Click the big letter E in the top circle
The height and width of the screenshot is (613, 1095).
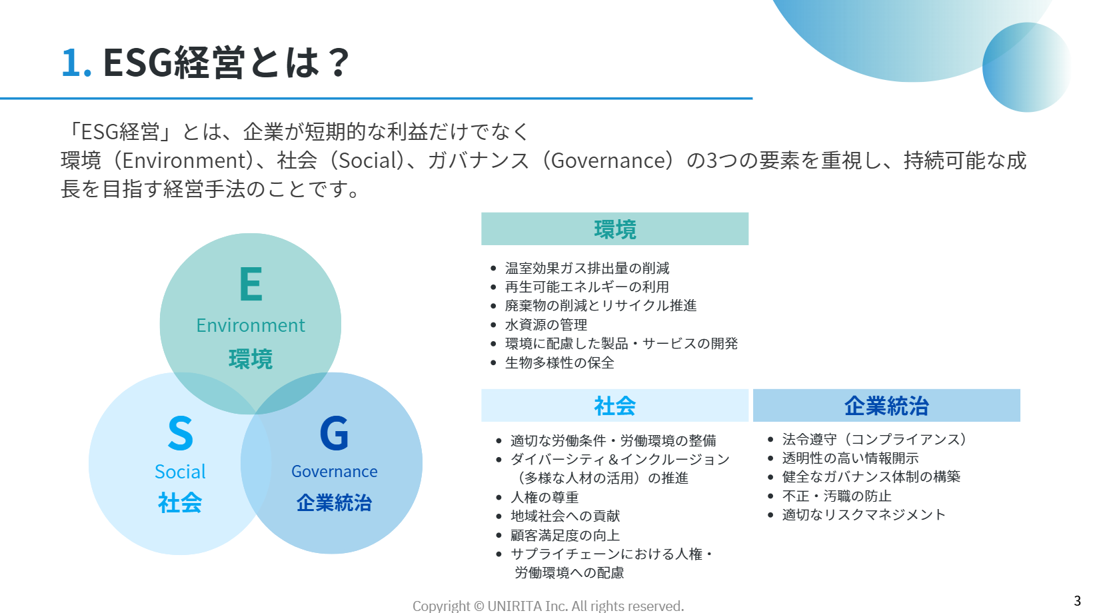(251, 284)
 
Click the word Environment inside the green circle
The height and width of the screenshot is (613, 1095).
(251, 325)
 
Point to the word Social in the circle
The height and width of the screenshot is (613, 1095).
(180, 472)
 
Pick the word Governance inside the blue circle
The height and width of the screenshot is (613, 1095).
(335, 471)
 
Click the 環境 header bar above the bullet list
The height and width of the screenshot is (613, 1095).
(614, 229)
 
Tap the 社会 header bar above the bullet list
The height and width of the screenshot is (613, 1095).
(614, 405)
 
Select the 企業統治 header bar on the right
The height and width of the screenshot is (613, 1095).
(886, 405)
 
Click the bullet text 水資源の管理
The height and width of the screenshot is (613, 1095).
(546, 324)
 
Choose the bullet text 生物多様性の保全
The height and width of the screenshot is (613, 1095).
(560, 362)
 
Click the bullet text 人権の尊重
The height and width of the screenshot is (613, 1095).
(545, 497)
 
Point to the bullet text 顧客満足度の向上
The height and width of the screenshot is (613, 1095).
(565, 535)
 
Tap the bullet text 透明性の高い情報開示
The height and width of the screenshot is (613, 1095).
(850, 458)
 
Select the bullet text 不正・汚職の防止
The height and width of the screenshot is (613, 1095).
(837, 496)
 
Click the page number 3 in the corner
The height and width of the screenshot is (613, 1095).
(1077, 601)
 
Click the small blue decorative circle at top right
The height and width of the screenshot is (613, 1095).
(1026, 67)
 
